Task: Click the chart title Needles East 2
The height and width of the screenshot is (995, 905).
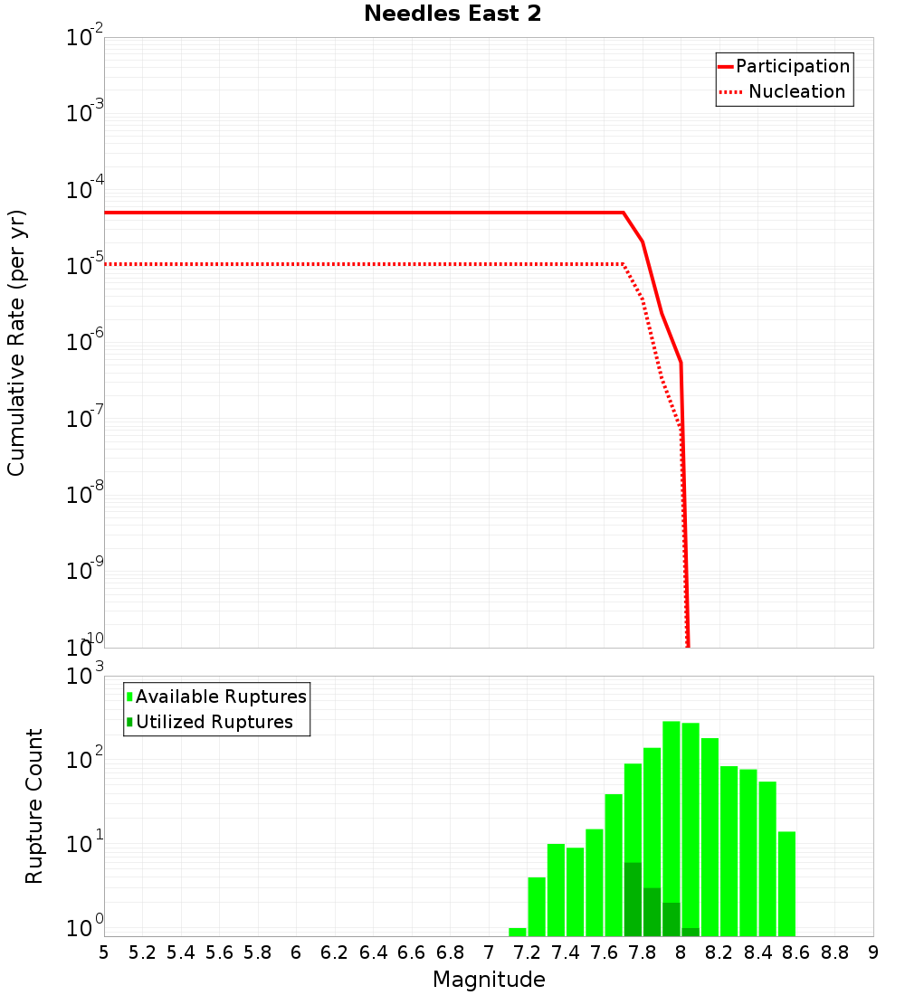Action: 452,14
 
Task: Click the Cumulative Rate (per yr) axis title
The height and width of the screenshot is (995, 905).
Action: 16,343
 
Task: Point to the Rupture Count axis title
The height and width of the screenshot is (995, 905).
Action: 34,806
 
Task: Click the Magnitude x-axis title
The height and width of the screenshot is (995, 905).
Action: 489,980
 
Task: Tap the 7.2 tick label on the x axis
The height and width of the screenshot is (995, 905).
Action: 527,952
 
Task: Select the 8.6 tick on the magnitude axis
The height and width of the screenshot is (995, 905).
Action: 796,952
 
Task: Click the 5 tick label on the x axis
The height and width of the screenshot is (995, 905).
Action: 104,952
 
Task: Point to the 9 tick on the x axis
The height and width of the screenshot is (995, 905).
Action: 873,952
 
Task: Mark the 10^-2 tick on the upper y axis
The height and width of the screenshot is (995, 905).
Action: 85,38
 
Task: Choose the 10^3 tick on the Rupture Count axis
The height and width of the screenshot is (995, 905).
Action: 85,677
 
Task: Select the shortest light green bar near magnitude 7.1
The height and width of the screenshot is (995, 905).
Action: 518,932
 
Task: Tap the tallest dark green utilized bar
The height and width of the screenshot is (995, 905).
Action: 633,899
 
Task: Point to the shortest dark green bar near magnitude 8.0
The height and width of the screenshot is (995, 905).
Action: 691,932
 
